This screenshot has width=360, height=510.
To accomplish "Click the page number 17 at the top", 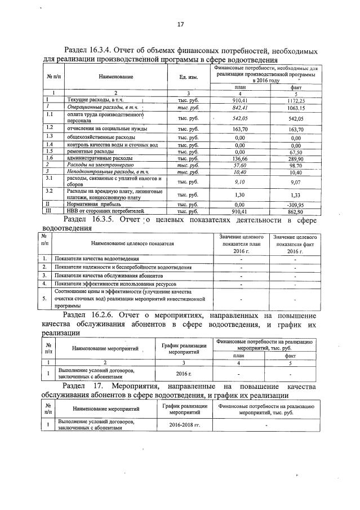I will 180,24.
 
